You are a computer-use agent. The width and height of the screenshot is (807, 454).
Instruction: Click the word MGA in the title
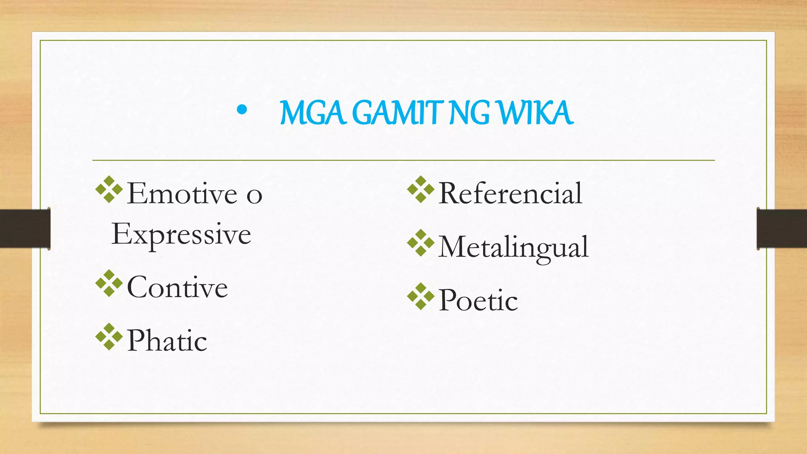(x=313, y=113)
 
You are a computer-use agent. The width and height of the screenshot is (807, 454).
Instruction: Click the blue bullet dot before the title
(x=242, y=111)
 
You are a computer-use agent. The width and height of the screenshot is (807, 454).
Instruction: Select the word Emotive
(x=182, y=194)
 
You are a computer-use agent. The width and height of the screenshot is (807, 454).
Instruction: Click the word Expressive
(x=181, y=235)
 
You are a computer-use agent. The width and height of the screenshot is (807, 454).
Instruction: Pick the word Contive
(x=177, y=287)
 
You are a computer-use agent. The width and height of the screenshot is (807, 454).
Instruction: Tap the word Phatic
(x=167, y=341)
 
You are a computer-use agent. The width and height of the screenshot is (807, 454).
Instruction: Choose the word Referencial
(x=510, y=194)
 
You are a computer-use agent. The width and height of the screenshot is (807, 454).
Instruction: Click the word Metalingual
(x=513, y=247)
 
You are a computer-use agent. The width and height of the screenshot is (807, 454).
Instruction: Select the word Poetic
(x=478, y=301)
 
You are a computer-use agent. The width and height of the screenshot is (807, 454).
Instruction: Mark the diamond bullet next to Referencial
(x=421, y=190)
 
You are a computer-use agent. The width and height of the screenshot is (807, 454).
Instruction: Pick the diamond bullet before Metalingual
(x=421, y=243)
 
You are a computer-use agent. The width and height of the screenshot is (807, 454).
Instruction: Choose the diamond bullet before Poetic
(x=421, y=296)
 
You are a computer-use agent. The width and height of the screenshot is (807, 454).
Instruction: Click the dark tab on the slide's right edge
(x=782, y=229)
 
